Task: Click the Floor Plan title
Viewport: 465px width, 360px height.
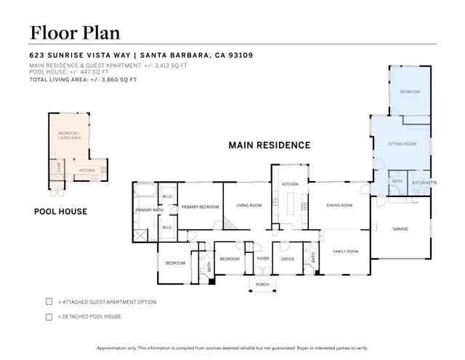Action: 74,32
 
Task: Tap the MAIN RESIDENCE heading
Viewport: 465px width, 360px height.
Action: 269,145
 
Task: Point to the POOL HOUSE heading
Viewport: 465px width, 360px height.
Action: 61,212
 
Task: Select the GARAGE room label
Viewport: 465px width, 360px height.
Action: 400,229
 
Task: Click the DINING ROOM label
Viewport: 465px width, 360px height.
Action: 339,206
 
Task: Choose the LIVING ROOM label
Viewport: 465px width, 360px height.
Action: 248,206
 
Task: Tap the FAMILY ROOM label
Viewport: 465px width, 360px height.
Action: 346,252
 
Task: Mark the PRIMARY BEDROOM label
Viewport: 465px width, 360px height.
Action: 200,207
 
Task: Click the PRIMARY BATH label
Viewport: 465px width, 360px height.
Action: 147,210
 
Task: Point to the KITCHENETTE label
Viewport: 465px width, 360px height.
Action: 424,183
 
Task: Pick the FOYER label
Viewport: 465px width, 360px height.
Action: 262,259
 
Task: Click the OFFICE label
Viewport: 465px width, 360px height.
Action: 287,259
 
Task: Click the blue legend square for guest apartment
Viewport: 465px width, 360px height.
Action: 49,302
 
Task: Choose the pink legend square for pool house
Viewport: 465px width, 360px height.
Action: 49,316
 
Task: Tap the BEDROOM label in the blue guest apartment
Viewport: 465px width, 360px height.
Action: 410,92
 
